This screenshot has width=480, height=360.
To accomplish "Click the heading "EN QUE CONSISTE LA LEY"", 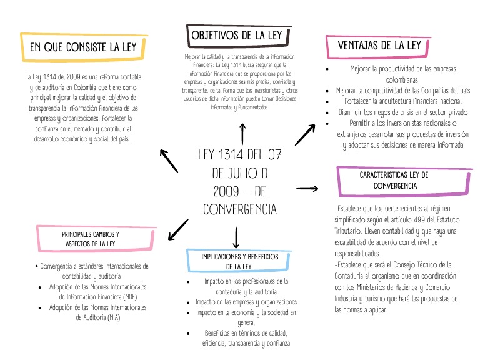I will pyautogui.click(x=84, y=47).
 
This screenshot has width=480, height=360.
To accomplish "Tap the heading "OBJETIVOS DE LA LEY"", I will pyautogui.click(x=236, y=36).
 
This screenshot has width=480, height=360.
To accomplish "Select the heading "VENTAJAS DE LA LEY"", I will pyautogui.click(x=379, y=46).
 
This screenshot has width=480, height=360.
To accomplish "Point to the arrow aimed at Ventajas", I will pyautogui.click(x=306, y=134).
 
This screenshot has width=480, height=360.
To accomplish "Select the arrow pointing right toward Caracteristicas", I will pyautogui.click(x=307, y=187).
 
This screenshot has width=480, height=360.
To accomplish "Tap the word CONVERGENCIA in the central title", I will pyautogui.click(x=240, y=209).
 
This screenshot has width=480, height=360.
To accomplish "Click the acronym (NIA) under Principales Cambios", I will pyautogui.click(x=113, y=317).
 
